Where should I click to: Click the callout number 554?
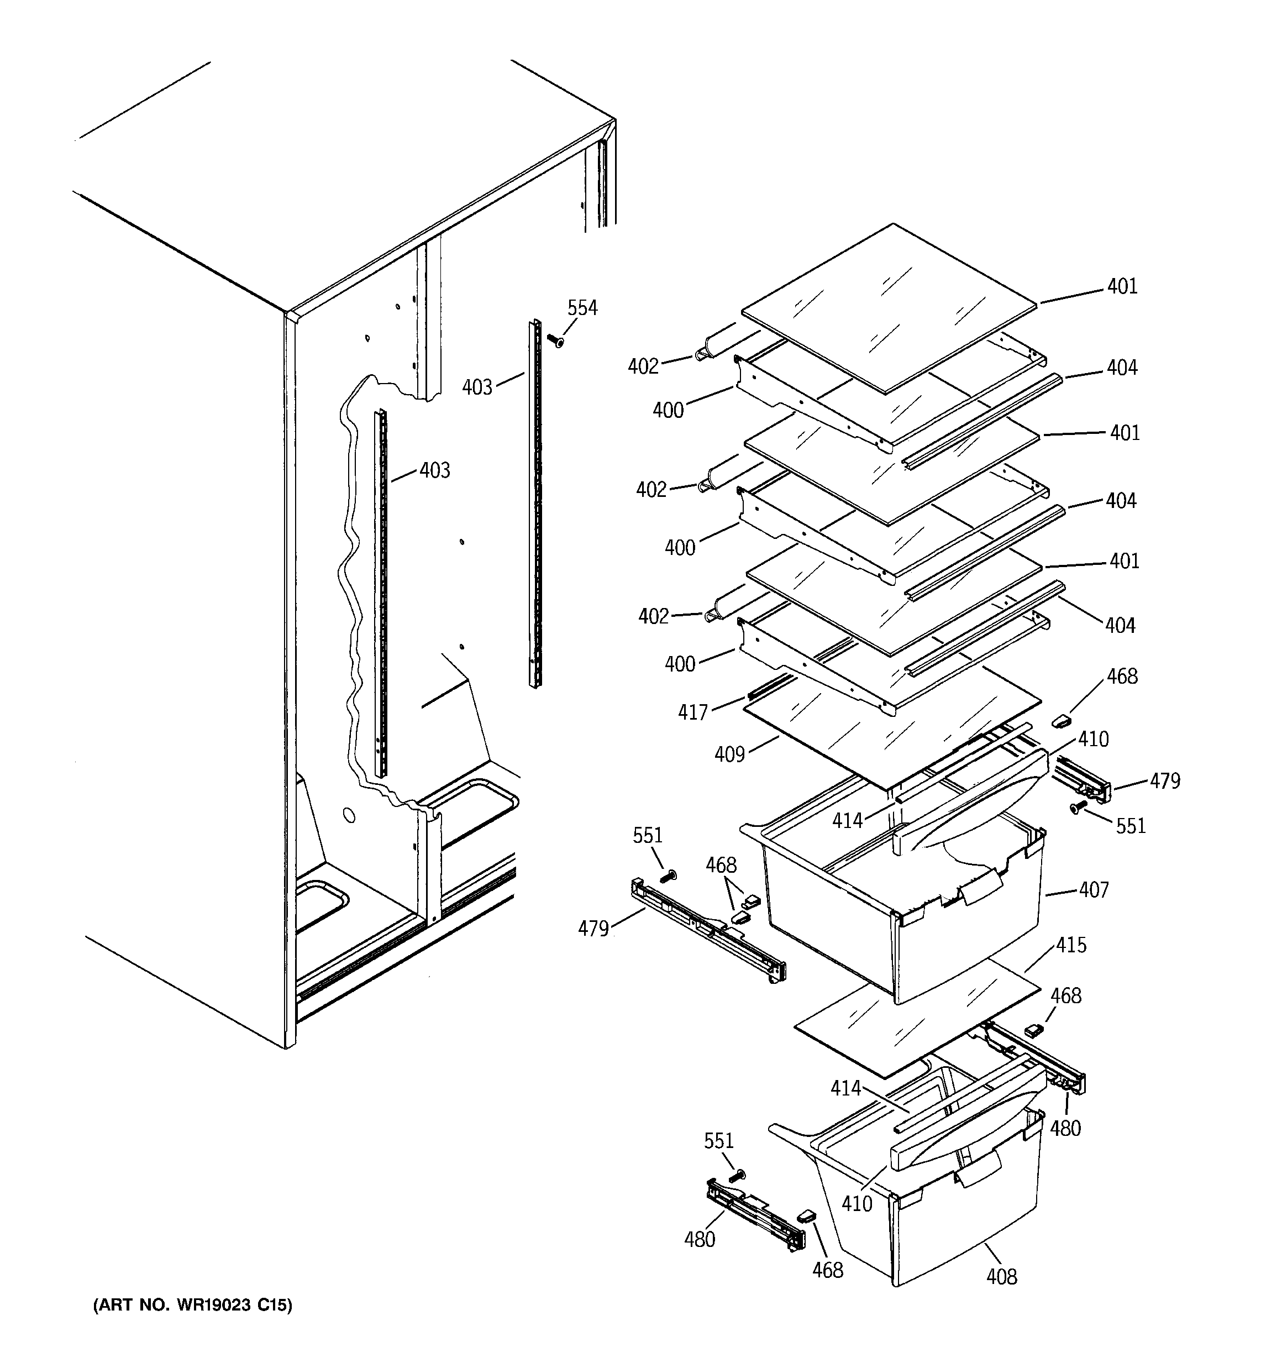[582, 308]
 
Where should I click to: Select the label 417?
[692, 712]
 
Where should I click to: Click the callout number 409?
[729, 755]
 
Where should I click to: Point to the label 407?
[1094, 890]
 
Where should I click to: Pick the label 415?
[1071, 945]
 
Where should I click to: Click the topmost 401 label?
[1122, 286]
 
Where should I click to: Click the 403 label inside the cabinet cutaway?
[435, 471]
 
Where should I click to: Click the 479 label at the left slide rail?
[593, 929]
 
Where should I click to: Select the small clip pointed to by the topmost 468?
[1063, 720]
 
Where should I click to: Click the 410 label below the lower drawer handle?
[857, 1203]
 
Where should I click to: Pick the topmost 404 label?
[1122, 368]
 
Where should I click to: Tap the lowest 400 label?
[679, 664]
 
